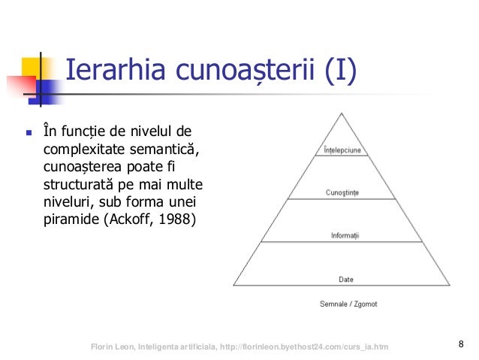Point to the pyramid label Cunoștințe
(x=342, y=192)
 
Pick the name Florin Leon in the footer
(x=111, y=346)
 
